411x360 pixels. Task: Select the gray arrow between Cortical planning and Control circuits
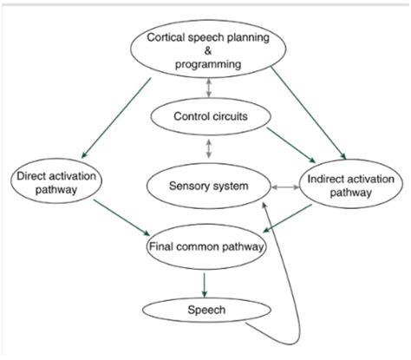tap(209, 87)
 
